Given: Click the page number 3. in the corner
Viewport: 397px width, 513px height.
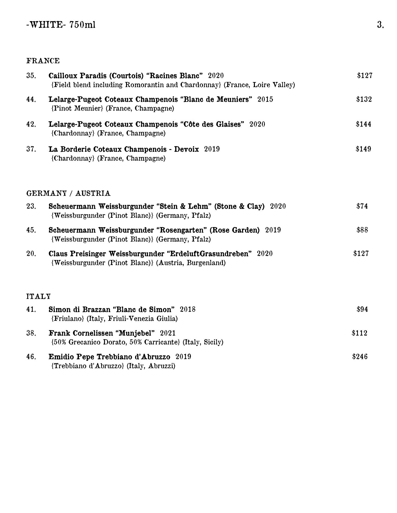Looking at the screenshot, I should (x=380, y=25).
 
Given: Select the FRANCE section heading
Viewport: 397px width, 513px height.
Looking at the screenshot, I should (x=43, y=61).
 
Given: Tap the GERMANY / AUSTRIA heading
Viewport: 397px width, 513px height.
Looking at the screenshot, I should (x=68, y=193).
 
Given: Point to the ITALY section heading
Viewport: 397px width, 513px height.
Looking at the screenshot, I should (x=39, y=296).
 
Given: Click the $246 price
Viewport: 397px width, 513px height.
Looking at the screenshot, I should (x=360, y=357).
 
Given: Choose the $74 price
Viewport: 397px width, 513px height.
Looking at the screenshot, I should (x=362, y=206).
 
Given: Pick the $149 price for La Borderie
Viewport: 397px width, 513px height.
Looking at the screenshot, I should (x=363, y=149).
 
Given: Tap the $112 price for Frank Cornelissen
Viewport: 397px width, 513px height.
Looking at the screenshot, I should (x=360, y=333).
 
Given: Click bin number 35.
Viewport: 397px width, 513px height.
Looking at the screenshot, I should (x=31, y=76).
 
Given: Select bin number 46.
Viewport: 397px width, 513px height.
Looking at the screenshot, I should (x=31, y=357).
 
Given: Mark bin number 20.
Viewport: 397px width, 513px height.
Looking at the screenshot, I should (x=31, y=254).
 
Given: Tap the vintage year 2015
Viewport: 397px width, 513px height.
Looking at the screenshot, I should (x=265, y=99).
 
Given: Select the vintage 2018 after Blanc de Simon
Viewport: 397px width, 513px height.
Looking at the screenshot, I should (x=188, y=309).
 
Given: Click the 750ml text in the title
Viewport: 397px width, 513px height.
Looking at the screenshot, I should (x=82, y=25).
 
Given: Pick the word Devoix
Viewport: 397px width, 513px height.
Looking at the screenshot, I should (x=186, y=149).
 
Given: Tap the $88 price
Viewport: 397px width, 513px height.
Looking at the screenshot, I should (x=362, y=230).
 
